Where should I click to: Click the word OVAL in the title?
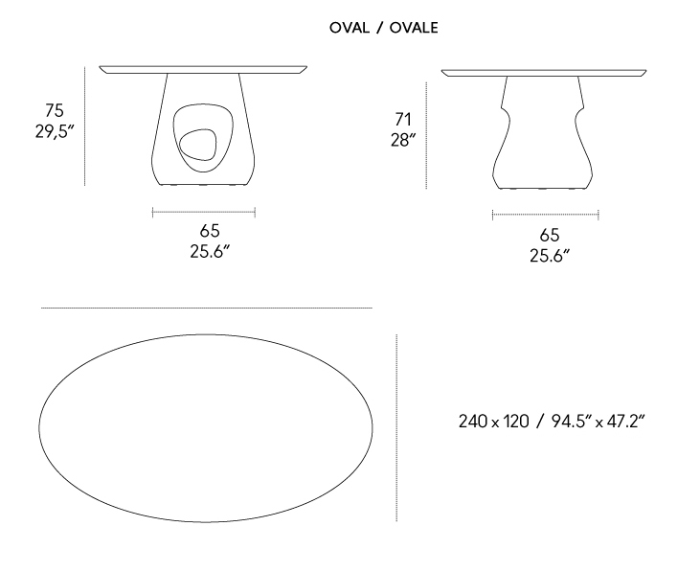[x=350, y=28]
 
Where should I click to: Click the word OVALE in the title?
[x=414, y=28]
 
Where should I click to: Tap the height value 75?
[x=55, y=110]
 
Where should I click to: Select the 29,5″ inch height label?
[x=55, y=131]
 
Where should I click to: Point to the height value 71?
[x=403, y=120]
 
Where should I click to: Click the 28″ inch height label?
[x=403, y=140]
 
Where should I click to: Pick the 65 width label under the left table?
[x=210, y=231]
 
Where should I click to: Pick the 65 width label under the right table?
[x=549, y=235]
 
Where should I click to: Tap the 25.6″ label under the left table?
[x=210, y=252]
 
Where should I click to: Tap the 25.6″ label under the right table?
[x=550, y=256]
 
